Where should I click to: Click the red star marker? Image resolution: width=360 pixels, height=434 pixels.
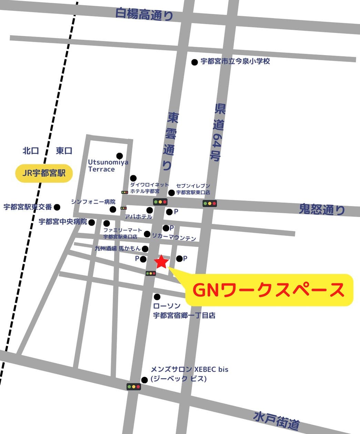click(x=161, y=262)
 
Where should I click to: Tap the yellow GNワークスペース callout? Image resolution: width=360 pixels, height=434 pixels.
click(x=269, y=290)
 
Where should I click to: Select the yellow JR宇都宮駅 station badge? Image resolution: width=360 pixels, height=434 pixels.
click(x=44, y=173)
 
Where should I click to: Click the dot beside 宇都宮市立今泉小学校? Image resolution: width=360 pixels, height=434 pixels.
click(x=195, y=62)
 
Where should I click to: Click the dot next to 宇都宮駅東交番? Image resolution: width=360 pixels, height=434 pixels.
click(x=57, y=207)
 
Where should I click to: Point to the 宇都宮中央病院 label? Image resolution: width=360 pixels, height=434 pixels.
click(x=63, y=222)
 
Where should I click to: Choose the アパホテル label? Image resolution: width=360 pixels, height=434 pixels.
click(x=138, y=217)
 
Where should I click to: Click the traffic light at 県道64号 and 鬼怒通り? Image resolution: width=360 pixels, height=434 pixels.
click(x=210, y=204)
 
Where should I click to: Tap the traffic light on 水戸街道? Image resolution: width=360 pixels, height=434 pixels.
click(x=134, y=386)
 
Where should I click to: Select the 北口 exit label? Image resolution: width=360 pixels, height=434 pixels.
click(x=31, y=151)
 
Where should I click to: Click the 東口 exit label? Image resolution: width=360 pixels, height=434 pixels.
click(x=64, y=151)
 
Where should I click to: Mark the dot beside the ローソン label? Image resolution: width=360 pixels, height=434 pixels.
click(x=157, y=297)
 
